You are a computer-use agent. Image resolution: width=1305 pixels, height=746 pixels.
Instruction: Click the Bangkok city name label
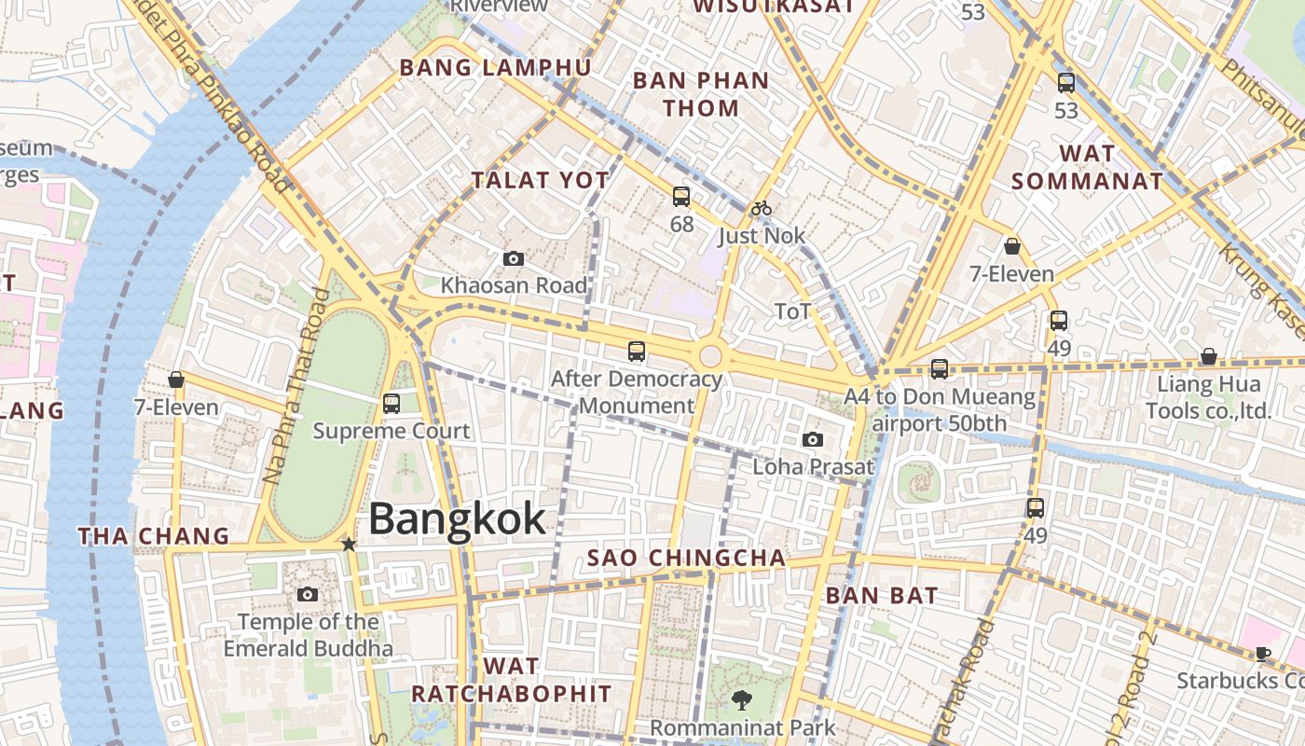(x=457, y=518)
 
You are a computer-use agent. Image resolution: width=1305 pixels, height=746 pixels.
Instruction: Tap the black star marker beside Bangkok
(x=349, y=544)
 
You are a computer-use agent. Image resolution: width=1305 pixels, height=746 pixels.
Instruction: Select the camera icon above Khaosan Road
(x=513, y=258)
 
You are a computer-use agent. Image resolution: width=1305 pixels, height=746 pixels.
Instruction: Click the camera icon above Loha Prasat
(x=813, y=439)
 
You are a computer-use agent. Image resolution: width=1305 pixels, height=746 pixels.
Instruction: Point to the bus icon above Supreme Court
(x=391, y=404)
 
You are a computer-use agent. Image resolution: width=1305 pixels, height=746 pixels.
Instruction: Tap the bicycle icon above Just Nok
(x=762, y=208)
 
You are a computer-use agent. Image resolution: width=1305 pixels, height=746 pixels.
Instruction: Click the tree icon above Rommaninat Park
(x=742, y=699)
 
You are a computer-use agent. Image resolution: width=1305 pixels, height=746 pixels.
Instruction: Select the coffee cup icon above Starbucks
(x=1263, y=653)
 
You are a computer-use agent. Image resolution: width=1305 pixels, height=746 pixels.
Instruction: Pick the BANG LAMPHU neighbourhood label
(x=495, y=67)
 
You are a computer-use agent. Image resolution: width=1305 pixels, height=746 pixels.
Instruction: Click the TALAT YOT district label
(x=541, y=180)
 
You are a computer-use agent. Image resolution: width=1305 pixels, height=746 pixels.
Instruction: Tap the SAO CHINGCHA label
(x=686, y=558)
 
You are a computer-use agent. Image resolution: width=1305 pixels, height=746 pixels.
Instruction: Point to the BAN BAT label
(x=882, y=595)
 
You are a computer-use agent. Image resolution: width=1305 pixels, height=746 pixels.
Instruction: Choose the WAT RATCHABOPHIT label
(x=512, y=680)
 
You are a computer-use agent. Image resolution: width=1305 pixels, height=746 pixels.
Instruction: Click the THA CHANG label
(x=154, y=536)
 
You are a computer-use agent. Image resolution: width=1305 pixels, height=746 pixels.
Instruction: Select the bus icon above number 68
(x=681, y=196)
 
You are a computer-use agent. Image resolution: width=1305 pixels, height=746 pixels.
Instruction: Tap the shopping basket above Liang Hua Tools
(x=1209, y=356)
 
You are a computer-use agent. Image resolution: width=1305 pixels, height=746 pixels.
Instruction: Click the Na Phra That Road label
(x=296, y=386)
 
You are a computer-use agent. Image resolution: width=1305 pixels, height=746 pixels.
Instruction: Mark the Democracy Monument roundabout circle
(x=711, y=355)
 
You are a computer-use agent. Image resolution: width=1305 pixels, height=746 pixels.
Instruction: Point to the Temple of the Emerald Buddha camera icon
(x=308, y=594)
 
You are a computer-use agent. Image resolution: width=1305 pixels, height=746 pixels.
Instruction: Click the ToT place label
(x=793, y=311)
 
